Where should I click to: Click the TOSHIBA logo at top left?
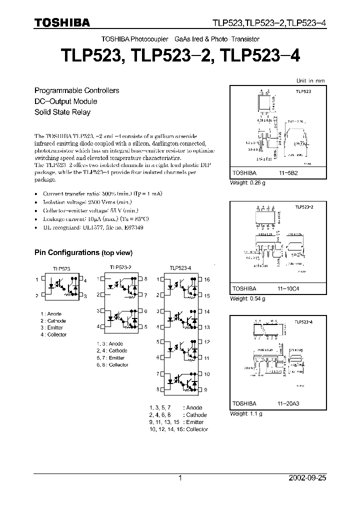62,22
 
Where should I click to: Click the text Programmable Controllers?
76,90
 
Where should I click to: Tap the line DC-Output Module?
65,101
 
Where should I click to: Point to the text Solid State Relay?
62,112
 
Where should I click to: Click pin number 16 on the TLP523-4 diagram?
206,280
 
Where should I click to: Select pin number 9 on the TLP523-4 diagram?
205,389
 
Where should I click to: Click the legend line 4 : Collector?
53,334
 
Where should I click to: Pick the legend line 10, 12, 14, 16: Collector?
178,429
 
